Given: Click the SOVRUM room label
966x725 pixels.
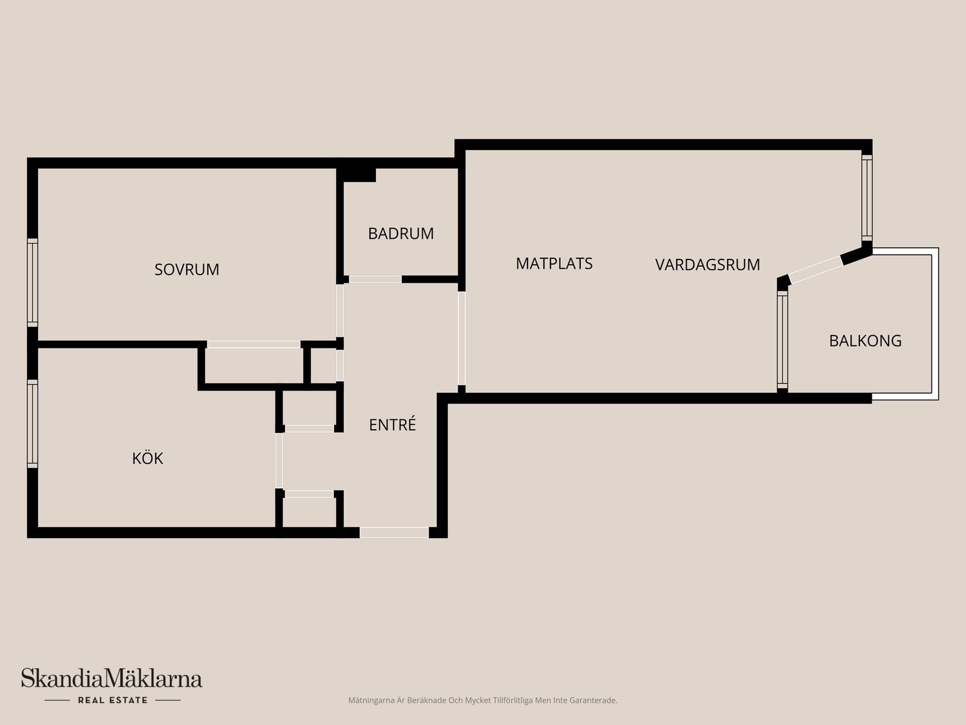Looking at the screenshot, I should coord(187,269).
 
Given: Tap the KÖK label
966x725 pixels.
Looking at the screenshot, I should coord(148,458).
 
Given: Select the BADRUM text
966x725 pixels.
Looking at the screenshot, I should coord(400,234).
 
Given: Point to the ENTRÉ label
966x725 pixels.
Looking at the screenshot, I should coord(392,425).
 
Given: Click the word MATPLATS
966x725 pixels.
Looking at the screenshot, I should coord(554,264).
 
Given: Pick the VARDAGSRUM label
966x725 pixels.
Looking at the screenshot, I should coord(707,265).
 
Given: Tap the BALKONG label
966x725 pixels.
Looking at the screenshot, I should coord(865,341).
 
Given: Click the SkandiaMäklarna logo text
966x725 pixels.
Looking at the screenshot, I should coord(112,679).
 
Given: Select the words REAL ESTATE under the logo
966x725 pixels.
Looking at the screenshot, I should coord(112,700).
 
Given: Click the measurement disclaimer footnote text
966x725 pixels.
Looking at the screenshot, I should coord(482,700).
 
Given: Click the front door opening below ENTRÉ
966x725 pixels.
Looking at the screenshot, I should coord(394,532).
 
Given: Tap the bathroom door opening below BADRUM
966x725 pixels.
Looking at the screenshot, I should coord(375,279).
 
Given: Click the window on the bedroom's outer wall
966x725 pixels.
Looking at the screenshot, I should coord(33,282).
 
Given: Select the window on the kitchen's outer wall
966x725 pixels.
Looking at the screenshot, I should coord(33,423).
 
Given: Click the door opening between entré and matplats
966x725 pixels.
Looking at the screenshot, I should coord(461,338).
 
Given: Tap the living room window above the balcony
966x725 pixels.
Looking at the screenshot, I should coord(867,197).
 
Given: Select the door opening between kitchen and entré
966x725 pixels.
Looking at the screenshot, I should coord(279,460).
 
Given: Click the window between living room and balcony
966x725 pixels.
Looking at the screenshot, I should coord(782,340).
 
